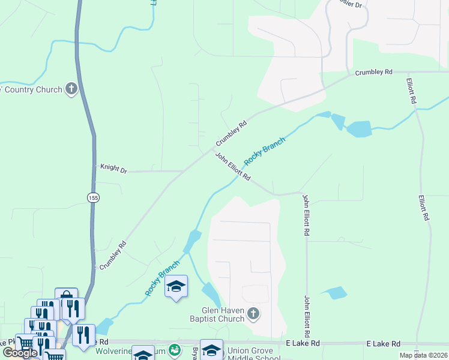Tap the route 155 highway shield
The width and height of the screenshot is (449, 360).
point(92,197)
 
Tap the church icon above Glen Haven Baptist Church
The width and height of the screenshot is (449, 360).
point(253,313)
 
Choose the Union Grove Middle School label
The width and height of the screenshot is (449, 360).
point(251,354)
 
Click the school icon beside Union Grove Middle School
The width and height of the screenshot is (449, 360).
point(211,350)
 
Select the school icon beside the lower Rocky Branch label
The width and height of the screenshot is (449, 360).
point(176,286)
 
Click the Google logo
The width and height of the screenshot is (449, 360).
point(20,353)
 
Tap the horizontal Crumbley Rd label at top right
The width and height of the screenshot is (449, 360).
point(373,72)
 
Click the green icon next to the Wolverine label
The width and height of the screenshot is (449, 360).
point(174,350)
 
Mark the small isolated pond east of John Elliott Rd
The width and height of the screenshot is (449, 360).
point(335,293)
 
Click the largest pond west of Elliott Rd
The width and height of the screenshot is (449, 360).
point(358,128)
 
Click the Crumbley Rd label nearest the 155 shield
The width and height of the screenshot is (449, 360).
point(113,254)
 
